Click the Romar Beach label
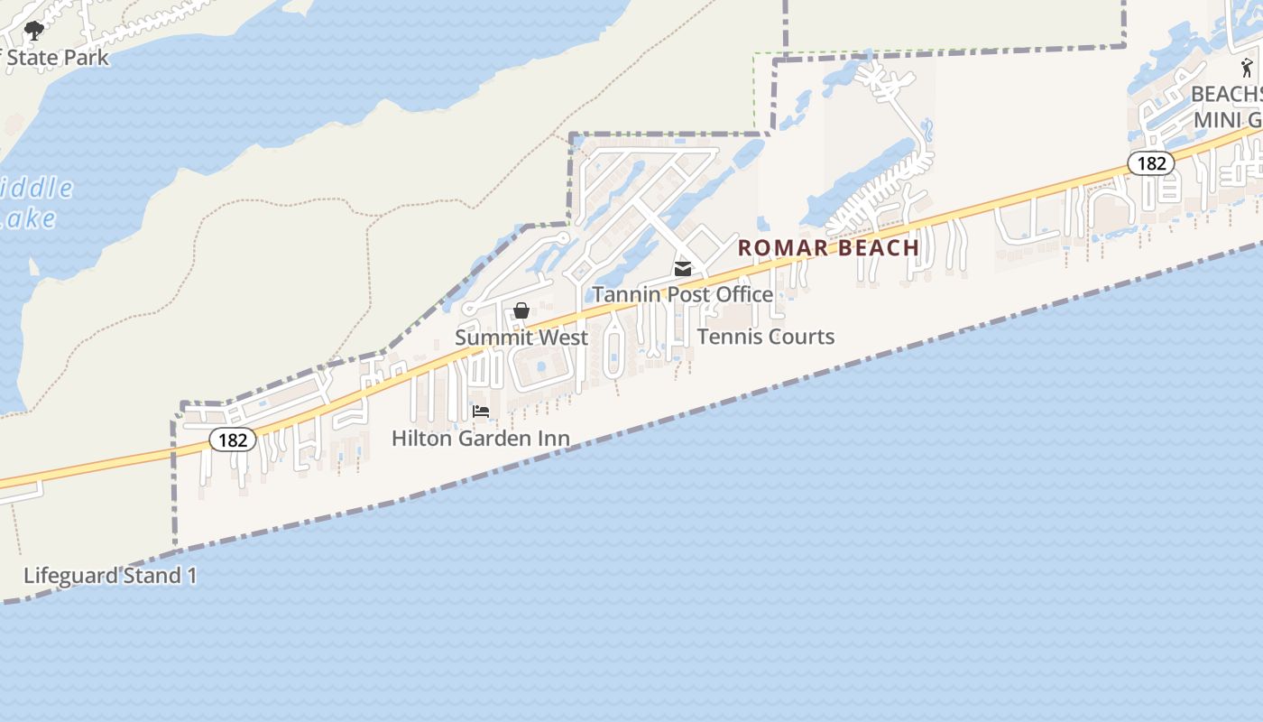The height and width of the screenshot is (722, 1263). (828, 247)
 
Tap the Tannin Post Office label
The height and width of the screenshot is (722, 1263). (682, 294)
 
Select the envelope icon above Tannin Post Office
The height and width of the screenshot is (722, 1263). (683, 269)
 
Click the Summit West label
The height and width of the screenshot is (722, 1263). (521, 338)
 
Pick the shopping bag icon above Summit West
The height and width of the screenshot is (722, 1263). (521, 311)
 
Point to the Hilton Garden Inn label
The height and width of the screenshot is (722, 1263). (480, 439)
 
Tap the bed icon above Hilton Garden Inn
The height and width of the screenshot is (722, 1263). (481, 412)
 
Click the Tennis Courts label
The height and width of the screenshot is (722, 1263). (766, 337)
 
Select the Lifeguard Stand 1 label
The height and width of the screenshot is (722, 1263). (110, 575)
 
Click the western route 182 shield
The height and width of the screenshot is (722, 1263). (233, 440)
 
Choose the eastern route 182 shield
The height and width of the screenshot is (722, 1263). (1151, 163)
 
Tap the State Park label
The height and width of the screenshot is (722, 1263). (57, 58)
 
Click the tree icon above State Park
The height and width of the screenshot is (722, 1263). (34, 32)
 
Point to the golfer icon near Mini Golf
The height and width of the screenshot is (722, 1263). (1247, 67)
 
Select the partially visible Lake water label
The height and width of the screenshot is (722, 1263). (27, 218)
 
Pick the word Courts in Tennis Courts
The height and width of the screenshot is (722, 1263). (803, 337)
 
